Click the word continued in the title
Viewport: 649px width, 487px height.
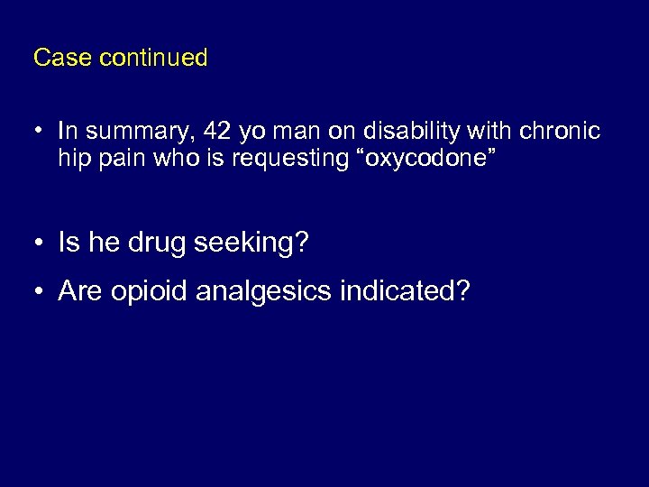[x=153, y=59]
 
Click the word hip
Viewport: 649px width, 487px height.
[x=74, y=159]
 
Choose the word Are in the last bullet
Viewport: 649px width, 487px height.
[x=79, y=291]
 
